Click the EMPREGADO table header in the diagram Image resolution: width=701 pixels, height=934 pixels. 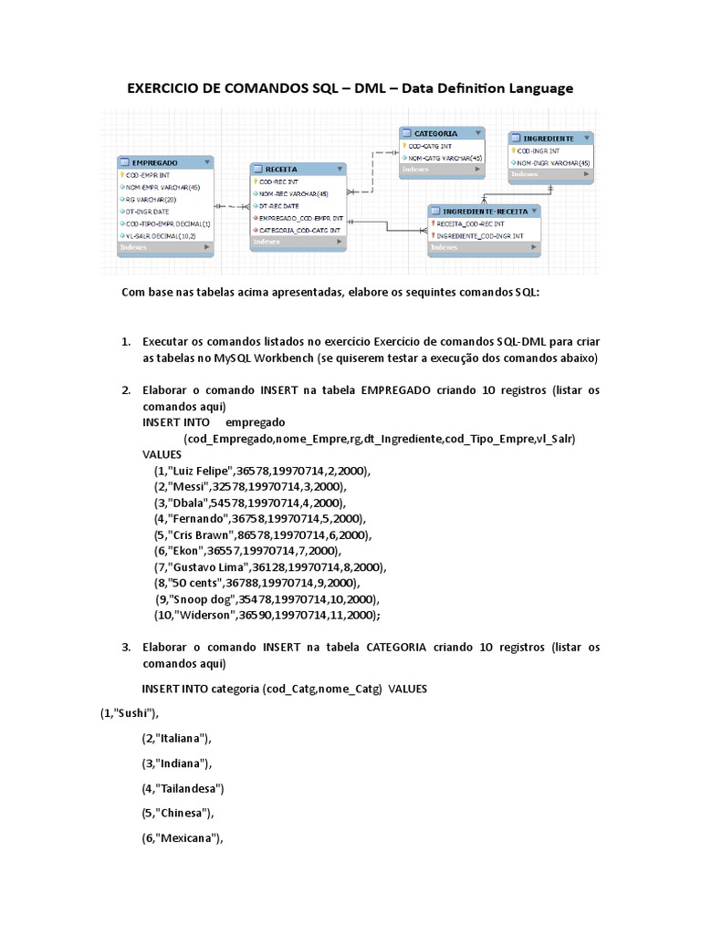155,161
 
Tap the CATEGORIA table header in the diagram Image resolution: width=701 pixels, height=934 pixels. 435,133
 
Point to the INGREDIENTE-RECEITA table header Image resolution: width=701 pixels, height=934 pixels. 484,210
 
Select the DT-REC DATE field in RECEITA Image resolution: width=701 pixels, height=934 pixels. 280,206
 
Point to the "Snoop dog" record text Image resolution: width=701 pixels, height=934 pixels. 199,599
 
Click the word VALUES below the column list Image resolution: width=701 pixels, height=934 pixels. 162,454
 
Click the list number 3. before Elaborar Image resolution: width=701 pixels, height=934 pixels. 127,648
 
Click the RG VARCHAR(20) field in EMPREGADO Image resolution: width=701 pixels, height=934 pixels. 152,199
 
